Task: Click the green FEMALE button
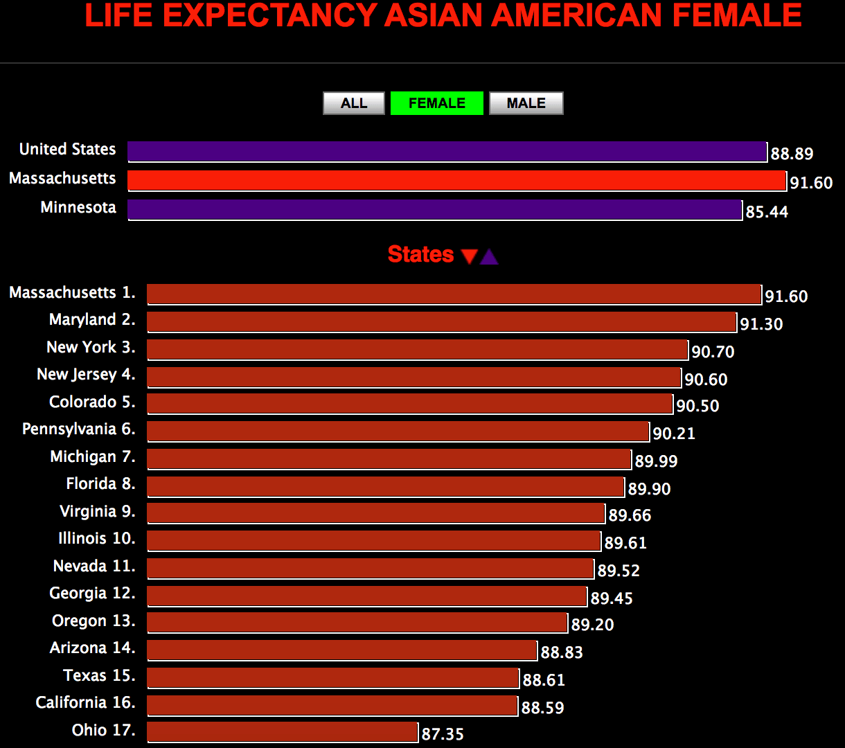[x=436, y=103]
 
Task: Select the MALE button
[x=526, y=103]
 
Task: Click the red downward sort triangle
[x=469, y=257]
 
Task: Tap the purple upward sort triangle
[x=489, y=257]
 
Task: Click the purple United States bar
[x=447, y=151]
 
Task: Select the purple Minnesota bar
[x=434, y=209]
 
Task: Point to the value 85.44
[x=767, y=212]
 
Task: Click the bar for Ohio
[x=283, y=732]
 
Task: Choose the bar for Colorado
[x=409, y=404]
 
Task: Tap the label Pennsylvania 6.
[x=78, y=429]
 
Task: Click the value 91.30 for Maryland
[x=761, y=324]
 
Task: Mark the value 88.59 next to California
[x=542, y=708]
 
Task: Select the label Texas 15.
[x=99, y=675]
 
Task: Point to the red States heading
[x=420, y=255]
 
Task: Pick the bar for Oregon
[x=357, y=623]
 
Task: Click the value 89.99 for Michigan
[x=656, y=461]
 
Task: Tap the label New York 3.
[x=91, y=347]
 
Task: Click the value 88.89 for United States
[x=792, y=154]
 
